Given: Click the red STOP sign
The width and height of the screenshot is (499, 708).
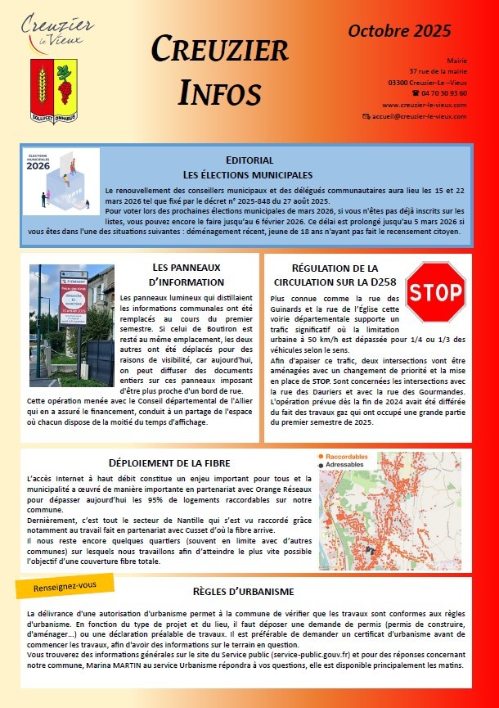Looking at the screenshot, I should pyautogui.click(x=435, y=292).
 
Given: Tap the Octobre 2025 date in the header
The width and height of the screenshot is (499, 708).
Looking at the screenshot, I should pyautogui.click(x=399, y=32).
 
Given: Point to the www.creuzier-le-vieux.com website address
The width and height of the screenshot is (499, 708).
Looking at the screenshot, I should pyautogui.click(x=424, y=105).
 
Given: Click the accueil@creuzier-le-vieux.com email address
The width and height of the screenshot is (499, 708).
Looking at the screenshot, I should pyautogui.click(x=418, y=116).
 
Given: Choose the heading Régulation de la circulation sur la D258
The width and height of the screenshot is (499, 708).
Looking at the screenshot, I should pyautogui.click(x=335, y=275).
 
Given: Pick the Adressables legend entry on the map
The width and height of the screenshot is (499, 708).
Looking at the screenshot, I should pyautogui.click(x=347, y=465).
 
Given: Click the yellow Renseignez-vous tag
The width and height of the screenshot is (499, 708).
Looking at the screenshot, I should pyautogui.click(x=65, y=587).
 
